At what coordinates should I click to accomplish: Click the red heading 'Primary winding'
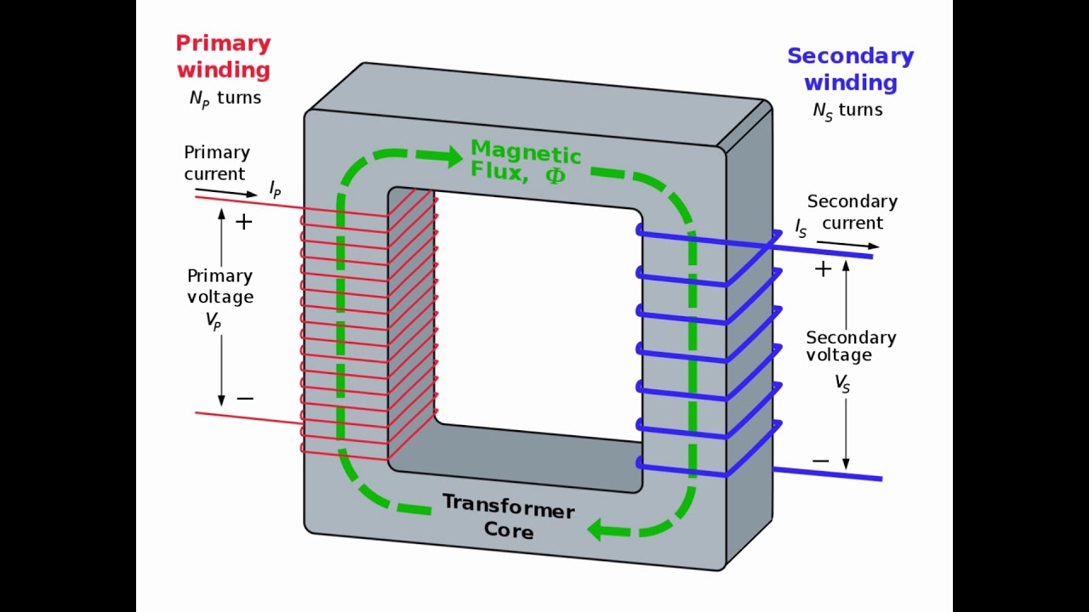click(x=223, y=56)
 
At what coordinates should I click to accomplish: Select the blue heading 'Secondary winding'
click(x=850, y=69)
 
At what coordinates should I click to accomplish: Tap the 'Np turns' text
click(x=225, y=99)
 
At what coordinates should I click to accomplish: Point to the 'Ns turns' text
click(x=847, y=110)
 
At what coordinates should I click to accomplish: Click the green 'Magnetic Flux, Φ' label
click(x=525, y=161)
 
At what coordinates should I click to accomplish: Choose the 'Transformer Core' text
click(x=508, y=517)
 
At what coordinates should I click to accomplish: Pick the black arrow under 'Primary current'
click(x=220, y=192)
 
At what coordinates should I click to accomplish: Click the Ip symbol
click(x=275, y=190)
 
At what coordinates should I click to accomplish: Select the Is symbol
click(x=801, y=228)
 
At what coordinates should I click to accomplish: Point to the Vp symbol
click(x=214, y=322)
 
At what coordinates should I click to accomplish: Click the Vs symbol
click(x=841, y=383)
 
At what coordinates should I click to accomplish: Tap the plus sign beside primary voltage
click(x=244, y=223)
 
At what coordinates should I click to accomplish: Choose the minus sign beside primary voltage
click(x=245, y=399)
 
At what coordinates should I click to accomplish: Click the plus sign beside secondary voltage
click(x=823, y=269)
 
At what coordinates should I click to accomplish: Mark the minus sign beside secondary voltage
click(x=820, y=462)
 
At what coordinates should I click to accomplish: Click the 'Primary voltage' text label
click(x=220, y=286)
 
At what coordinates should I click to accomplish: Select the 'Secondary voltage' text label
click(x=851, y=346)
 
